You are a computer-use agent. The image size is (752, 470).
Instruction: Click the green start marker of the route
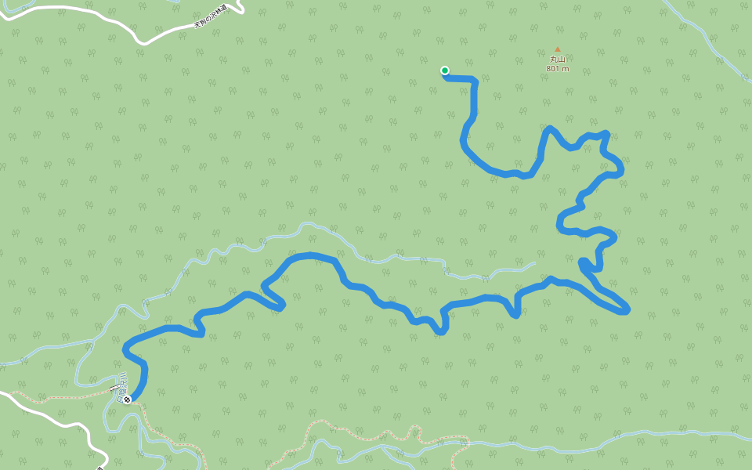coord(445,70)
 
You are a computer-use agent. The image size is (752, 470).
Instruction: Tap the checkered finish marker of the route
coord(127,399)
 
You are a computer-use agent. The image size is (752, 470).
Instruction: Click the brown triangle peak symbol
coord(558,49)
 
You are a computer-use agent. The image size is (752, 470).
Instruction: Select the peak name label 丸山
coord(558,60)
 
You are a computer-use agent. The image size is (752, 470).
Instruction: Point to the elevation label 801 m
coord(558,69)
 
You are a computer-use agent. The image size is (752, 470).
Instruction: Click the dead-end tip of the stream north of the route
coord(534,263)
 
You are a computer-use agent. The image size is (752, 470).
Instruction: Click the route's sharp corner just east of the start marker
coord(475,79)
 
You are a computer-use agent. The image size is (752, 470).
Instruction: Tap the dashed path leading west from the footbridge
coord(63,395)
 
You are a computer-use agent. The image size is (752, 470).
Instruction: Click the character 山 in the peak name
coord(561,60)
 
